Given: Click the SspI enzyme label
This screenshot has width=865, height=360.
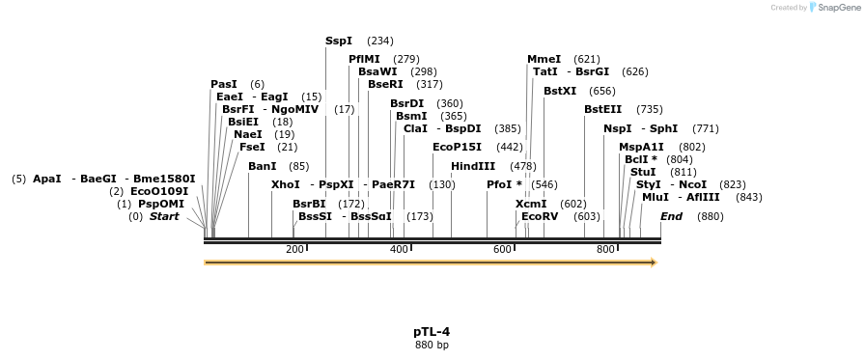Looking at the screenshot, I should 339,42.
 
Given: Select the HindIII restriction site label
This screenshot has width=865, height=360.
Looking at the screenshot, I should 473,166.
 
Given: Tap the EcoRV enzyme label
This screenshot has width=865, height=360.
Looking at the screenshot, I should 540,216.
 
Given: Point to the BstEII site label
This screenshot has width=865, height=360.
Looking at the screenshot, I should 603,109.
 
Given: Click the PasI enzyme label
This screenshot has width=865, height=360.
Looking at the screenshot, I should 224,85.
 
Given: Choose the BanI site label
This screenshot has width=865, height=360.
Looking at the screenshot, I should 263,166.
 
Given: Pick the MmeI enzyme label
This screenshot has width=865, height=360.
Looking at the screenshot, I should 544,59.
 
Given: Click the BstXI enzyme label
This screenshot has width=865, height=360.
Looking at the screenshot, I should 560,91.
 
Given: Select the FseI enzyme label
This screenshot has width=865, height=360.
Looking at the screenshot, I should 252,147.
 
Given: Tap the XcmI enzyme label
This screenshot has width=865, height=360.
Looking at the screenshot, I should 531,204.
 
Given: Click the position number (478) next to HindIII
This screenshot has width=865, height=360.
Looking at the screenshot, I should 523,166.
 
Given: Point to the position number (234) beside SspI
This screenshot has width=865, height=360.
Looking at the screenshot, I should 380,42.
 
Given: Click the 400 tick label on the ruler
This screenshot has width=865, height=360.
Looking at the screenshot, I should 399,250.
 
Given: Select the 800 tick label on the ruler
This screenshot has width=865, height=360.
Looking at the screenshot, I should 605,250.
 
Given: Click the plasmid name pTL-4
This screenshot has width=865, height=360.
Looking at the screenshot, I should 432,331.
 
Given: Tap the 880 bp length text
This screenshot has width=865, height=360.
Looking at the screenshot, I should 432,345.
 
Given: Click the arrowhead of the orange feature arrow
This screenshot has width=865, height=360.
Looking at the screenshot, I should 654,263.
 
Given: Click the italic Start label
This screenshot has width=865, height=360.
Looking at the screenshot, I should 164,216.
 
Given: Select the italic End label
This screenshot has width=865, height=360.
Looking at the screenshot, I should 671,216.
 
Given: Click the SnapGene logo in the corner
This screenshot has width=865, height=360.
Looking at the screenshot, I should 831,8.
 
